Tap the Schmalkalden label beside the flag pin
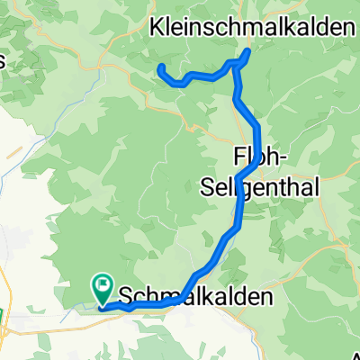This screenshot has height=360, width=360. click(194, 295)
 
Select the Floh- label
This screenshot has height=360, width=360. click(260, 157)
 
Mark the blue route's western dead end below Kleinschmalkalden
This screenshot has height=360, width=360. click(160, 67)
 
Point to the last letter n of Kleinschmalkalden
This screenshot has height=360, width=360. click(346, 28)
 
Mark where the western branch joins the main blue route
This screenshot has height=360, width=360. click(237, 63)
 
